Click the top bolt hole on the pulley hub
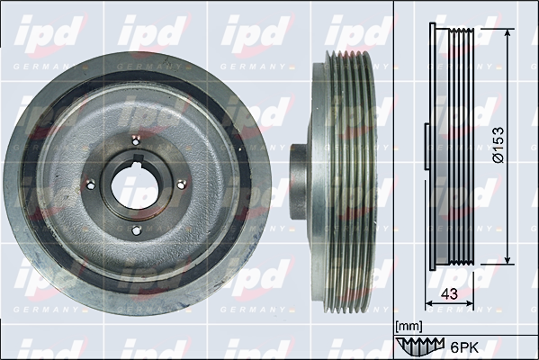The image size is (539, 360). [x=137, y=140]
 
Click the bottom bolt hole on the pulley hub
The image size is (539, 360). [x=137, y=230]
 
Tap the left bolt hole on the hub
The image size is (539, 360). [x=90, y=185]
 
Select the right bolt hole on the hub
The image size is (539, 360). [x=182, y=185]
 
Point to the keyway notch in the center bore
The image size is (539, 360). [x=139, y=159]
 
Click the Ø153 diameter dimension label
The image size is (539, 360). [x=498, y=145]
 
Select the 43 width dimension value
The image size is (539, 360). [x=449, y=293]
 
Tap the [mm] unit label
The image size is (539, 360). [x=409, y=326]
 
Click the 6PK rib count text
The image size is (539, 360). [x=463, y=347]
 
